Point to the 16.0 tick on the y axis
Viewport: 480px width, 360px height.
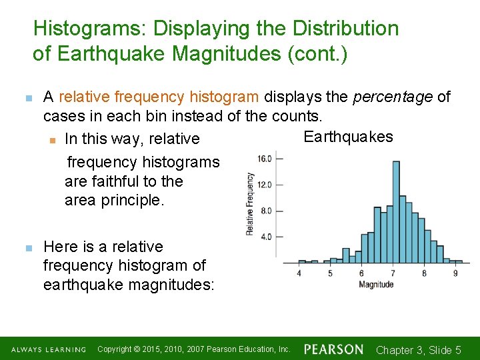pos(265,159)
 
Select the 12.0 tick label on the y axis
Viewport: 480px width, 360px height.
pos(265,185)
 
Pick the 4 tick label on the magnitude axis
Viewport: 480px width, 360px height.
pos(299,273)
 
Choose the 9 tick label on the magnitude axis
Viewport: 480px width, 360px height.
pos(455,273)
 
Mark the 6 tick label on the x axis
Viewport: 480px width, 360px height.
pos(361,273)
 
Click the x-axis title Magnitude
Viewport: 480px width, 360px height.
pos(376,285)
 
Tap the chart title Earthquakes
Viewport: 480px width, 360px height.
pos(348,137)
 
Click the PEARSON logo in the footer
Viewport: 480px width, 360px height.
pos(333,349)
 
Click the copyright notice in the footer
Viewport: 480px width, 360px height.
pos(193,349)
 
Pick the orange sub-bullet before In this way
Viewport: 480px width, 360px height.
pos(52,139)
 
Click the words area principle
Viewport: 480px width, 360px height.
pos(114,200)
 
